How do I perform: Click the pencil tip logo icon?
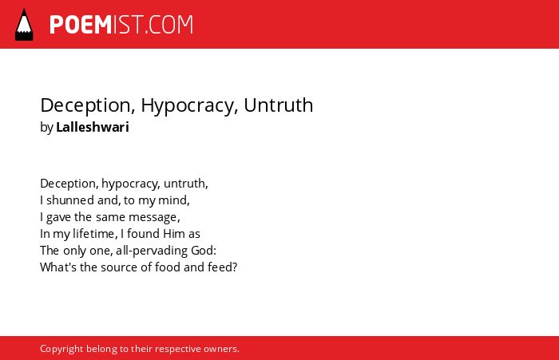pos(24,25)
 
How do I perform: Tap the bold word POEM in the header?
pos(81,25)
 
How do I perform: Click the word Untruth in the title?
pos(279,105)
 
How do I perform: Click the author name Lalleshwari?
pos(93,127)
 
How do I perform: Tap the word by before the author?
pos(46,127)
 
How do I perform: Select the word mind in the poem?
pos(173,200)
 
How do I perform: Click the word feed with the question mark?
pos(223,267)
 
